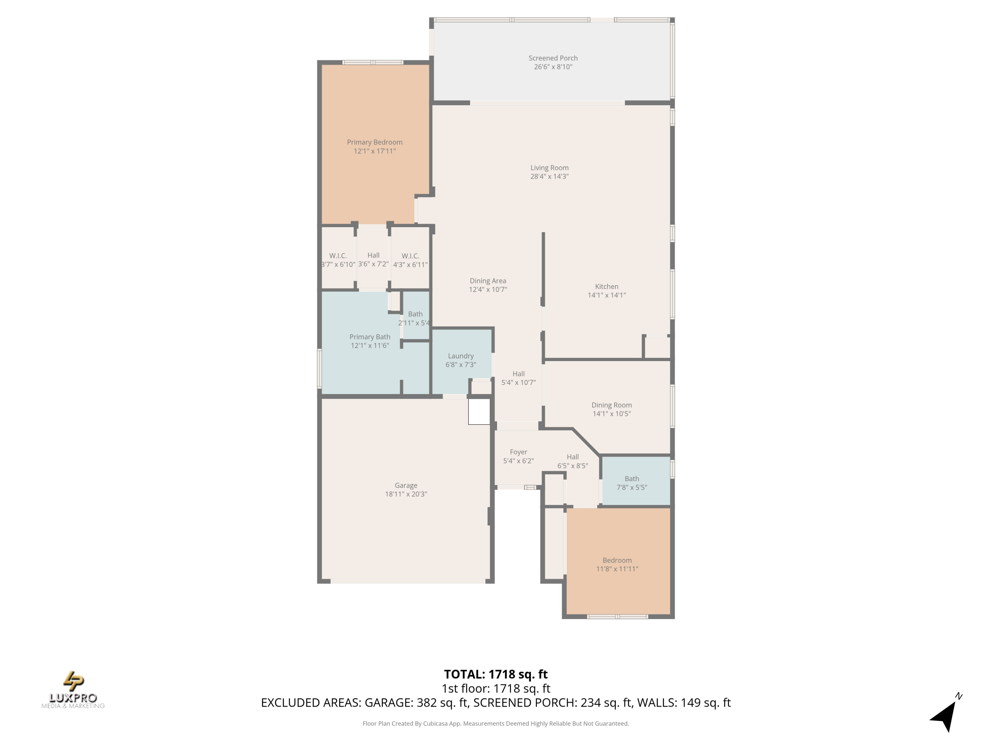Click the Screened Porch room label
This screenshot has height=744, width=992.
pos(553,58)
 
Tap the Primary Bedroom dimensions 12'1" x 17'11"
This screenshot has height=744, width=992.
pos(374,151)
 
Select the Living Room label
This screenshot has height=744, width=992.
pos(549,168)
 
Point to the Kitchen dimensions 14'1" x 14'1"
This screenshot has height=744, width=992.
pos(607,295)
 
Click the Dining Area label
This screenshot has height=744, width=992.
pos(488,281)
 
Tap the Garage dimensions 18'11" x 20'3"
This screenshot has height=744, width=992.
pos(406,494)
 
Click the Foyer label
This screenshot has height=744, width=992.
pos(518,452)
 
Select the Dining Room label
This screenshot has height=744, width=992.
pos(612,405)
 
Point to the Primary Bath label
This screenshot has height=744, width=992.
pos(370,337)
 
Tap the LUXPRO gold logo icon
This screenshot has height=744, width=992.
pos(73,681)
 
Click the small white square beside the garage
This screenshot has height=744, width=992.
pos(479,412)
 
